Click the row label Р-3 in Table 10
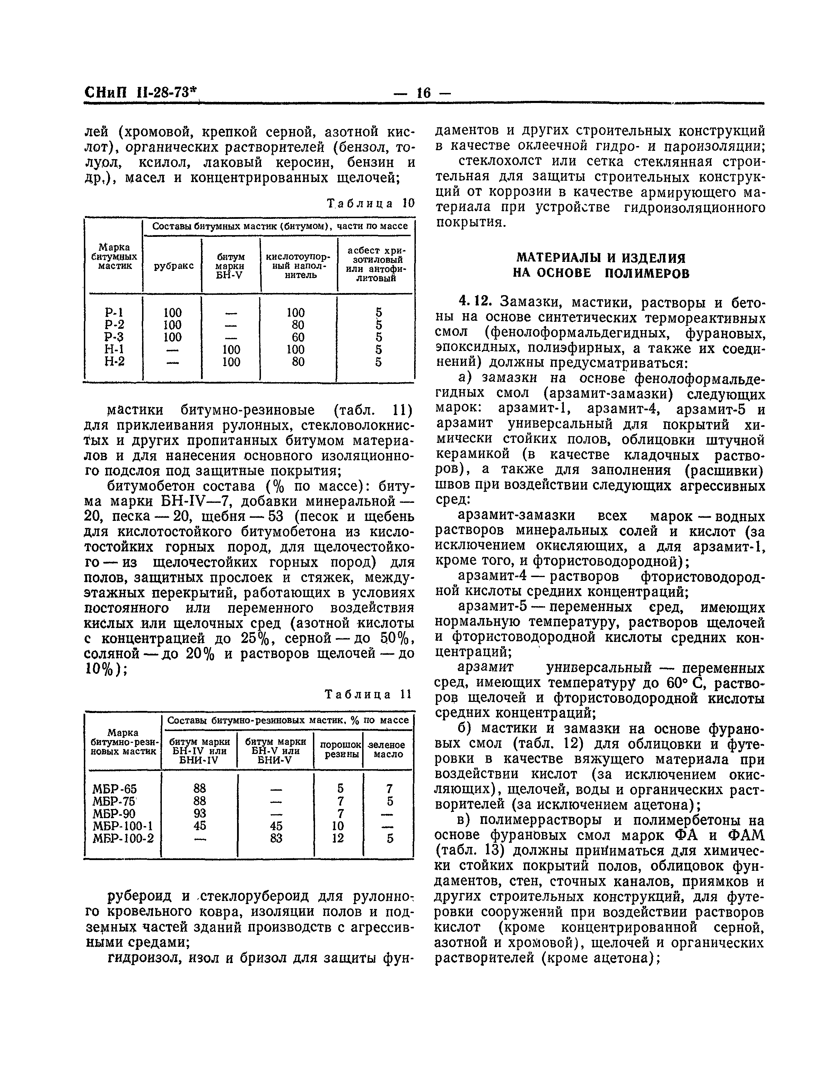(x=114, y=337)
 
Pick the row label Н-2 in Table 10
(x=114, y=362)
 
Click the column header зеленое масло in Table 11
(x=388, y=749)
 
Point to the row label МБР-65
(x=115, y=789)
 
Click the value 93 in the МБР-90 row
(x=200, y=813)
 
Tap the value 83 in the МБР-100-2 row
(x=276, y=838)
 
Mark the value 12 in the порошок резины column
(x=338, y=838)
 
